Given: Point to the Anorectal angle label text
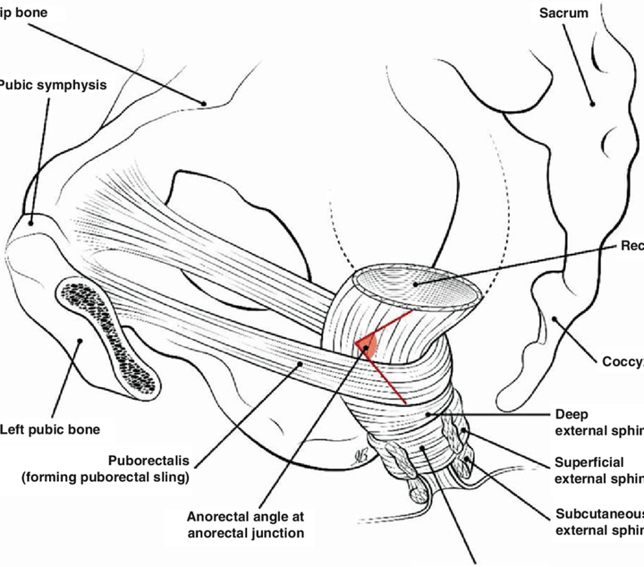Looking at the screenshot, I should [x=245, y=517].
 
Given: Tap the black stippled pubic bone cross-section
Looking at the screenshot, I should [x=107, y=336].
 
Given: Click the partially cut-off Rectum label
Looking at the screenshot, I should [x=631, y=246].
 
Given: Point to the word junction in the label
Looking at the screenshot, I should [x=274, y=534].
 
